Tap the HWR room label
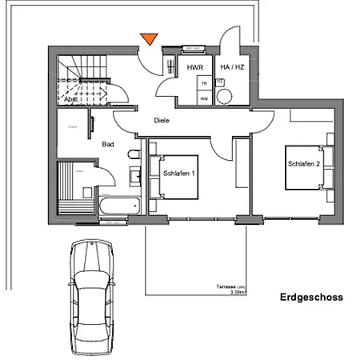[195, 69]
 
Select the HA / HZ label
[231, 69]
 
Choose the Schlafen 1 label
[180, 173]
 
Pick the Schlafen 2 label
[304, 164]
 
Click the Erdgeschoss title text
[311, 298]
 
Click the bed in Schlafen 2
[306, 169]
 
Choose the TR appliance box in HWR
[204, 84]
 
